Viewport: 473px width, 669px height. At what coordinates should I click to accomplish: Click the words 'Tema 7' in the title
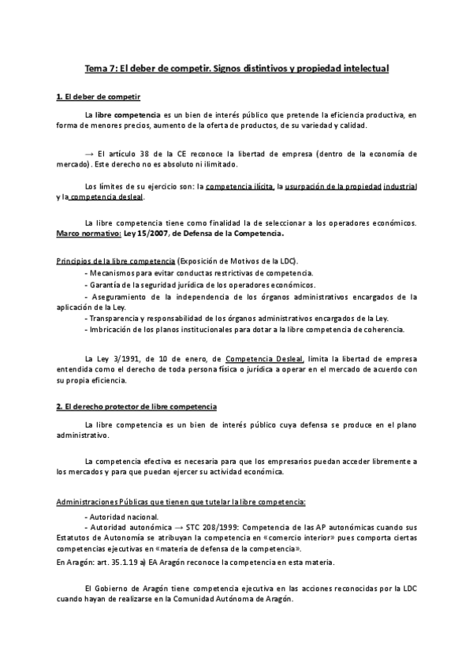point(101,69)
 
